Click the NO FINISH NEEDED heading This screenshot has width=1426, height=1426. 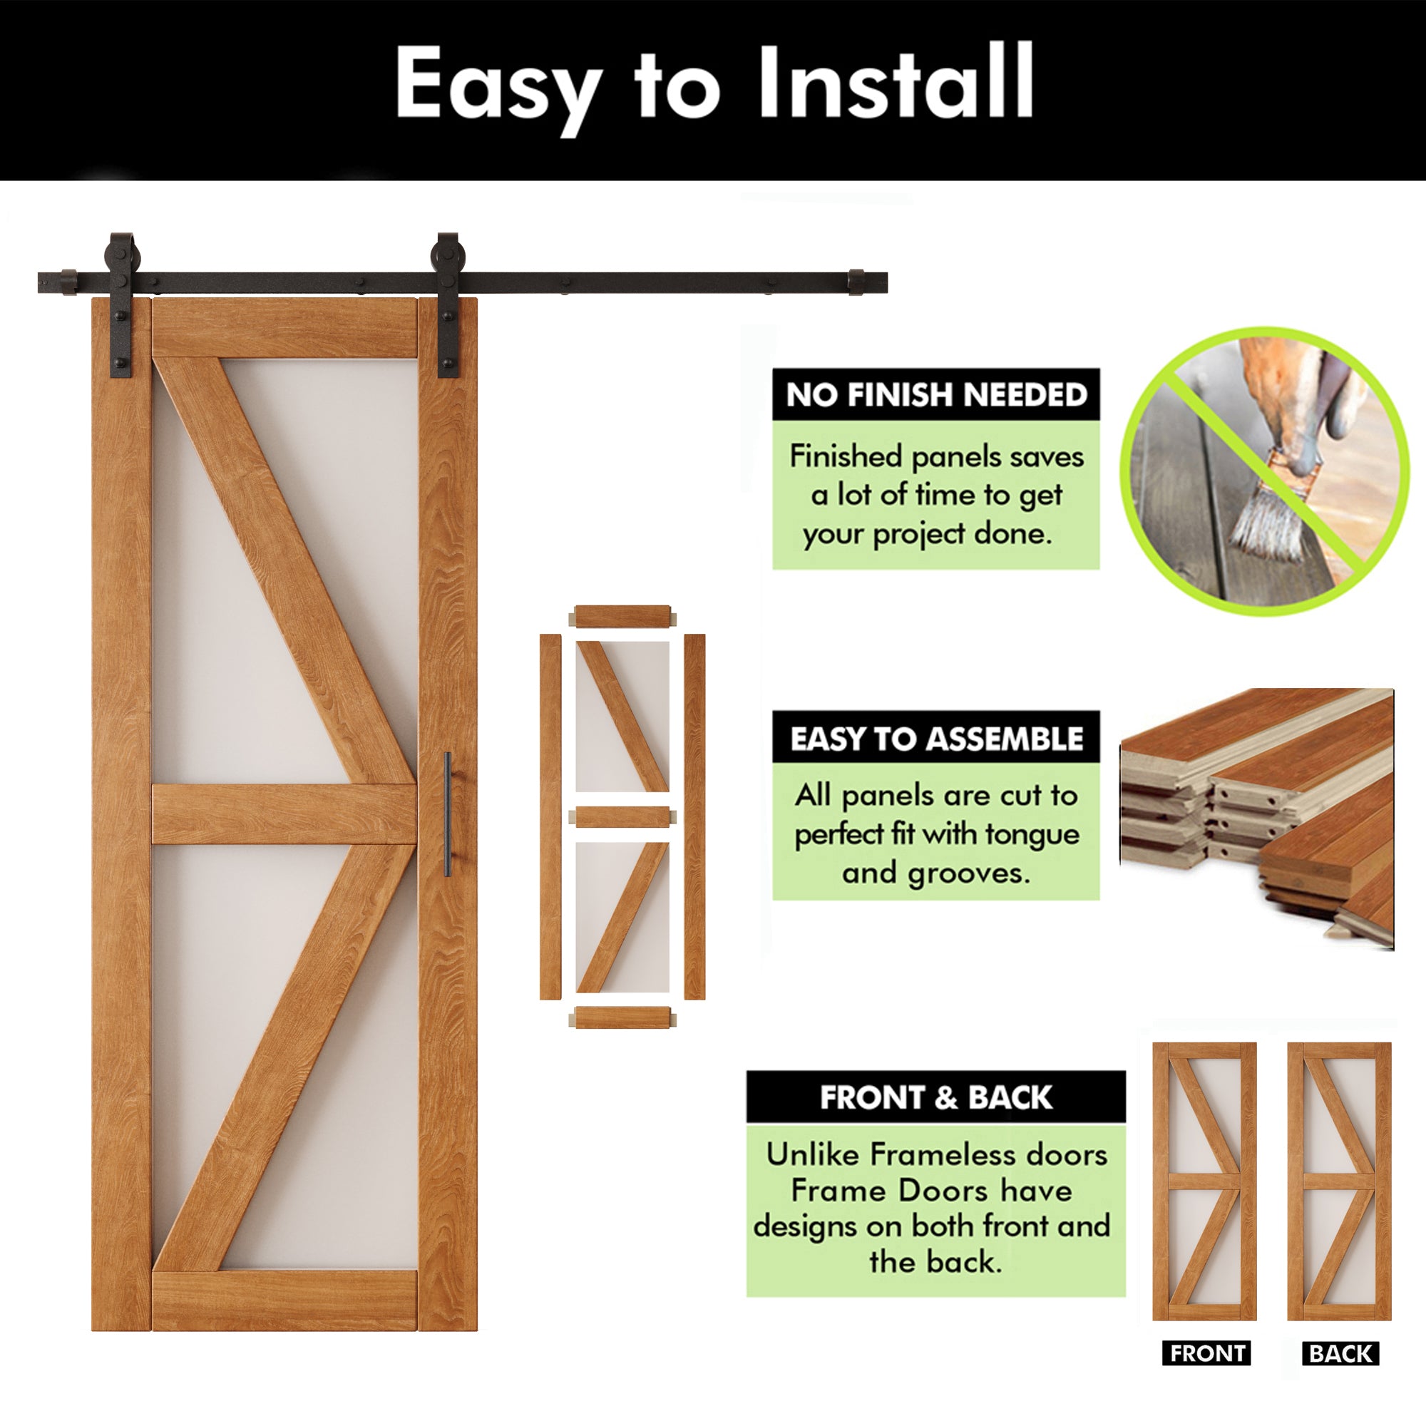point(936,395)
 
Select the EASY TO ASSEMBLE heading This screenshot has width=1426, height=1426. point(936,738)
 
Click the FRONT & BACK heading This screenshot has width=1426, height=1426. point(935,1097)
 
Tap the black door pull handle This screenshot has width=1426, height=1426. point(447,814)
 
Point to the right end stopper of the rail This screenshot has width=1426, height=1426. point(856,282)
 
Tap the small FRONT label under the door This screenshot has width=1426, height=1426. point(1206,1354)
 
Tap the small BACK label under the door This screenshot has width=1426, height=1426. point(1340,1354)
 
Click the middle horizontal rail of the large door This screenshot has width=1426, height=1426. point(284,814)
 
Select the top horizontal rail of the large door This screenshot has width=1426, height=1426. point(284,329)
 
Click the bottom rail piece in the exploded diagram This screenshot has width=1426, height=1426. point(622,1017)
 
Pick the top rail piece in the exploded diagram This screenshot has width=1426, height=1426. point(622,615)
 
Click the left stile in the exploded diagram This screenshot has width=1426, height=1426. point(550,816)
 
